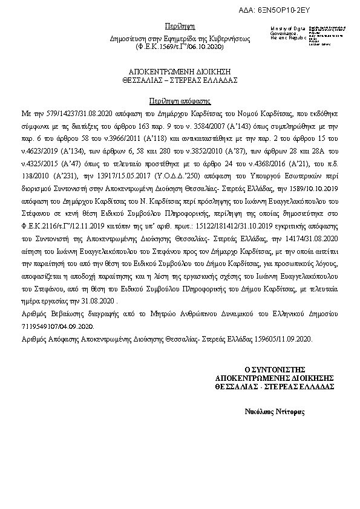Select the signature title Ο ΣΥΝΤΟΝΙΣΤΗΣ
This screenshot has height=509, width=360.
[275, 368]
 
